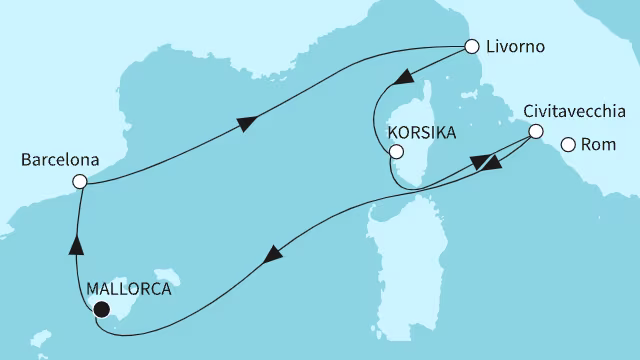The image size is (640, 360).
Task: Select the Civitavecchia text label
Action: click(575, 111)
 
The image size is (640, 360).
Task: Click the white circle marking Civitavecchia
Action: click(536, 131)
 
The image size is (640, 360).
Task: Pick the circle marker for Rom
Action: click(568, 145)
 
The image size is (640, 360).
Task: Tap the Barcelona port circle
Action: click(79, 181)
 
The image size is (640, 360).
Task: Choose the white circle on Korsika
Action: click(397, 153)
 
